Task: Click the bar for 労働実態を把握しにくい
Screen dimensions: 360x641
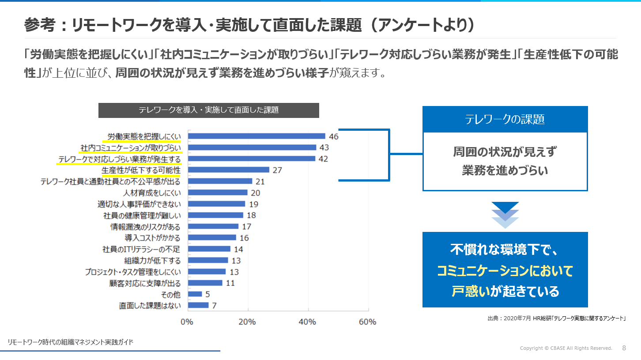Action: tap(256, 136)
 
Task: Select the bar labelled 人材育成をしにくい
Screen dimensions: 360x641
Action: tap(218, 193)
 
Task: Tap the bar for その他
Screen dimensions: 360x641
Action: tap(195, 294)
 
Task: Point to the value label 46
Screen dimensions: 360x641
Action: tap(333, 136)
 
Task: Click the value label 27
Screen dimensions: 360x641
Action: tap(277, 170)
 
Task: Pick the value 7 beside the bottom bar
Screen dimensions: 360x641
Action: tap(214, 305)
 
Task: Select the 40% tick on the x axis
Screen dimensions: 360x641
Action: tap(308, 322)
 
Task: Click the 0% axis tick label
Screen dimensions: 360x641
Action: tap(187, 322)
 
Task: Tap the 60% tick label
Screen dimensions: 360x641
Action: tap(367, 322)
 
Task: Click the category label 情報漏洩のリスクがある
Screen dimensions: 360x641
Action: tap(145, 227)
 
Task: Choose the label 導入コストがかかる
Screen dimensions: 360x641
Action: tap(152, 238)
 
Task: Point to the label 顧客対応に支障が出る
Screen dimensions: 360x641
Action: tap(145, 283)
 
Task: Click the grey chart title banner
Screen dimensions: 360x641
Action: tap(208, 110)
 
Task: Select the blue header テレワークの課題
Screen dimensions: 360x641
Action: tap(505, 119)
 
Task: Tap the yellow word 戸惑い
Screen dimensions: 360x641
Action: tap(471, 291)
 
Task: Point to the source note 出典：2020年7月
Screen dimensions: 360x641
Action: tap(557, 318)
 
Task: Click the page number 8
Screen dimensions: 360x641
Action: tap(624, 348)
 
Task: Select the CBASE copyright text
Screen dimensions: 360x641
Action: tap(566, 349)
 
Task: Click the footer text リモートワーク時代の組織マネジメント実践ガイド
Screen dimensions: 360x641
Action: tap(71, 342)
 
